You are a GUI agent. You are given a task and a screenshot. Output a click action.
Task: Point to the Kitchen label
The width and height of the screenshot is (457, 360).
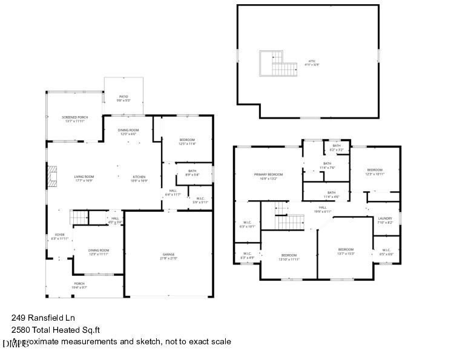pyautogui.click(x=139, y=178)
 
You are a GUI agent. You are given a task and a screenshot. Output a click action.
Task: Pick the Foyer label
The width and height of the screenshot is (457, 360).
pyautogui.click(x=60, y=237)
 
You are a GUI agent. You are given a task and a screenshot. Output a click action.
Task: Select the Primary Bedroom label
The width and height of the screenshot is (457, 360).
pyautogui.click(x=269, y=176)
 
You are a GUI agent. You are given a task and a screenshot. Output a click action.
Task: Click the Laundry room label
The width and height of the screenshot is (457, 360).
pyautogui.click(x=385, y=220)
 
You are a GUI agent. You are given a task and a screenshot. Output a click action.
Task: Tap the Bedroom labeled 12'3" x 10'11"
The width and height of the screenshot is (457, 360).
pyautogui.click(x=375, y=172)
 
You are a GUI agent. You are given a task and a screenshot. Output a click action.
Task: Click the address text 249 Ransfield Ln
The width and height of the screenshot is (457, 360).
pyautogui.click(x=42, y=317)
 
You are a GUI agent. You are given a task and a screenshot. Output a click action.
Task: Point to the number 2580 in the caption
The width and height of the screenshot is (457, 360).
pyautogui.click(x=22, y=330)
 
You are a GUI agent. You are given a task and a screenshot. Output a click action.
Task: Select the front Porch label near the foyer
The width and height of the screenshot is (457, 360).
pyautogui.click(x=79, y=285)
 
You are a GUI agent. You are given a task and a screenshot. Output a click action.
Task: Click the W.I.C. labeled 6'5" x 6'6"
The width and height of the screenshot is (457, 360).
pyautogui.click(x=386, y=252)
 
